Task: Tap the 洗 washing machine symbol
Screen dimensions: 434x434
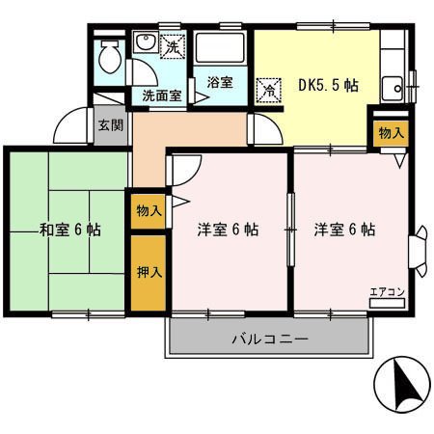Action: pos(174,45)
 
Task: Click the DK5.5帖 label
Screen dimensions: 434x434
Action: pos(329,85)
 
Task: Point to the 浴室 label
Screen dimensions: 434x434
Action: pos(220,82)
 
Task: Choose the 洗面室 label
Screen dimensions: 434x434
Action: pos(162,95)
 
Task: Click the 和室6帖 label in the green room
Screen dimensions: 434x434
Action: pos(70,231)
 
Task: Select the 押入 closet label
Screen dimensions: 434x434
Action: pos(149,272)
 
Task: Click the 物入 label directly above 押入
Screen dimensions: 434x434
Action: pos(149,209)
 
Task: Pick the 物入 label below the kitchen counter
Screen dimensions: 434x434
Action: pos(392,132)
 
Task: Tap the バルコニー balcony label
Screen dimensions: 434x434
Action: pos(269,339)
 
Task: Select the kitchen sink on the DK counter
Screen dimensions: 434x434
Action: pos(393,90)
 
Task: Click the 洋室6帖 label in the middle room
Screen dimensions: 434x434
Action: pos(228,231)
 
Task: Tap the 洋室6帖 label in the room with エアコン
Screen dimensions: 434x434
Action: pos(344,231)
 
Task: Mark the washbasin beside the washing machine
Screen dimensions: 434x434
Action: pos(146,45)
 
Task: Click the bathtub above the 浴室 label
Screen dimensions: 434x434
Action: pos(221,50)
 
